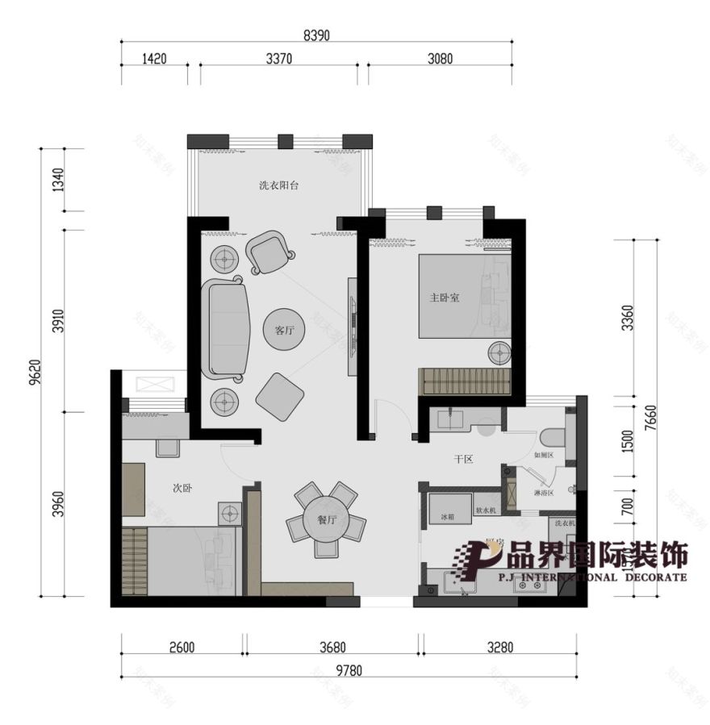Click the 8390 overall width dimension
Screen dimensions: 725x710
tap(317, 35)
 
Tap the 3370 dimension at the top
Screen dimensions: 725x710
tap(278, 59)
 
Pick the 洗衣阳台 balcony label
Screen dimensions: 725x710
tap(279, 185)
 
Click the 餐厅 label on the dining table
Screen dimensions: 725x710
tap(326, 521)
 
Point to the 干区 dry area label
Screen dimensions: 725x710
tap(462, 459)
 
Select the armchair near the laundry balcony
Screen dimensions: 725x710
tap(269, 252)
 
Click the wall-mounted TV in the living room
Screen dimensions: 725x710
tap(352, 326)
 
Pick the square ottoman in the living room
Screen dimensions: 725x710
tap(280, 396)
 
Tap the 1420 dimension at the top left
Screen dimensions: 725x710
tap(153, 59)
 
